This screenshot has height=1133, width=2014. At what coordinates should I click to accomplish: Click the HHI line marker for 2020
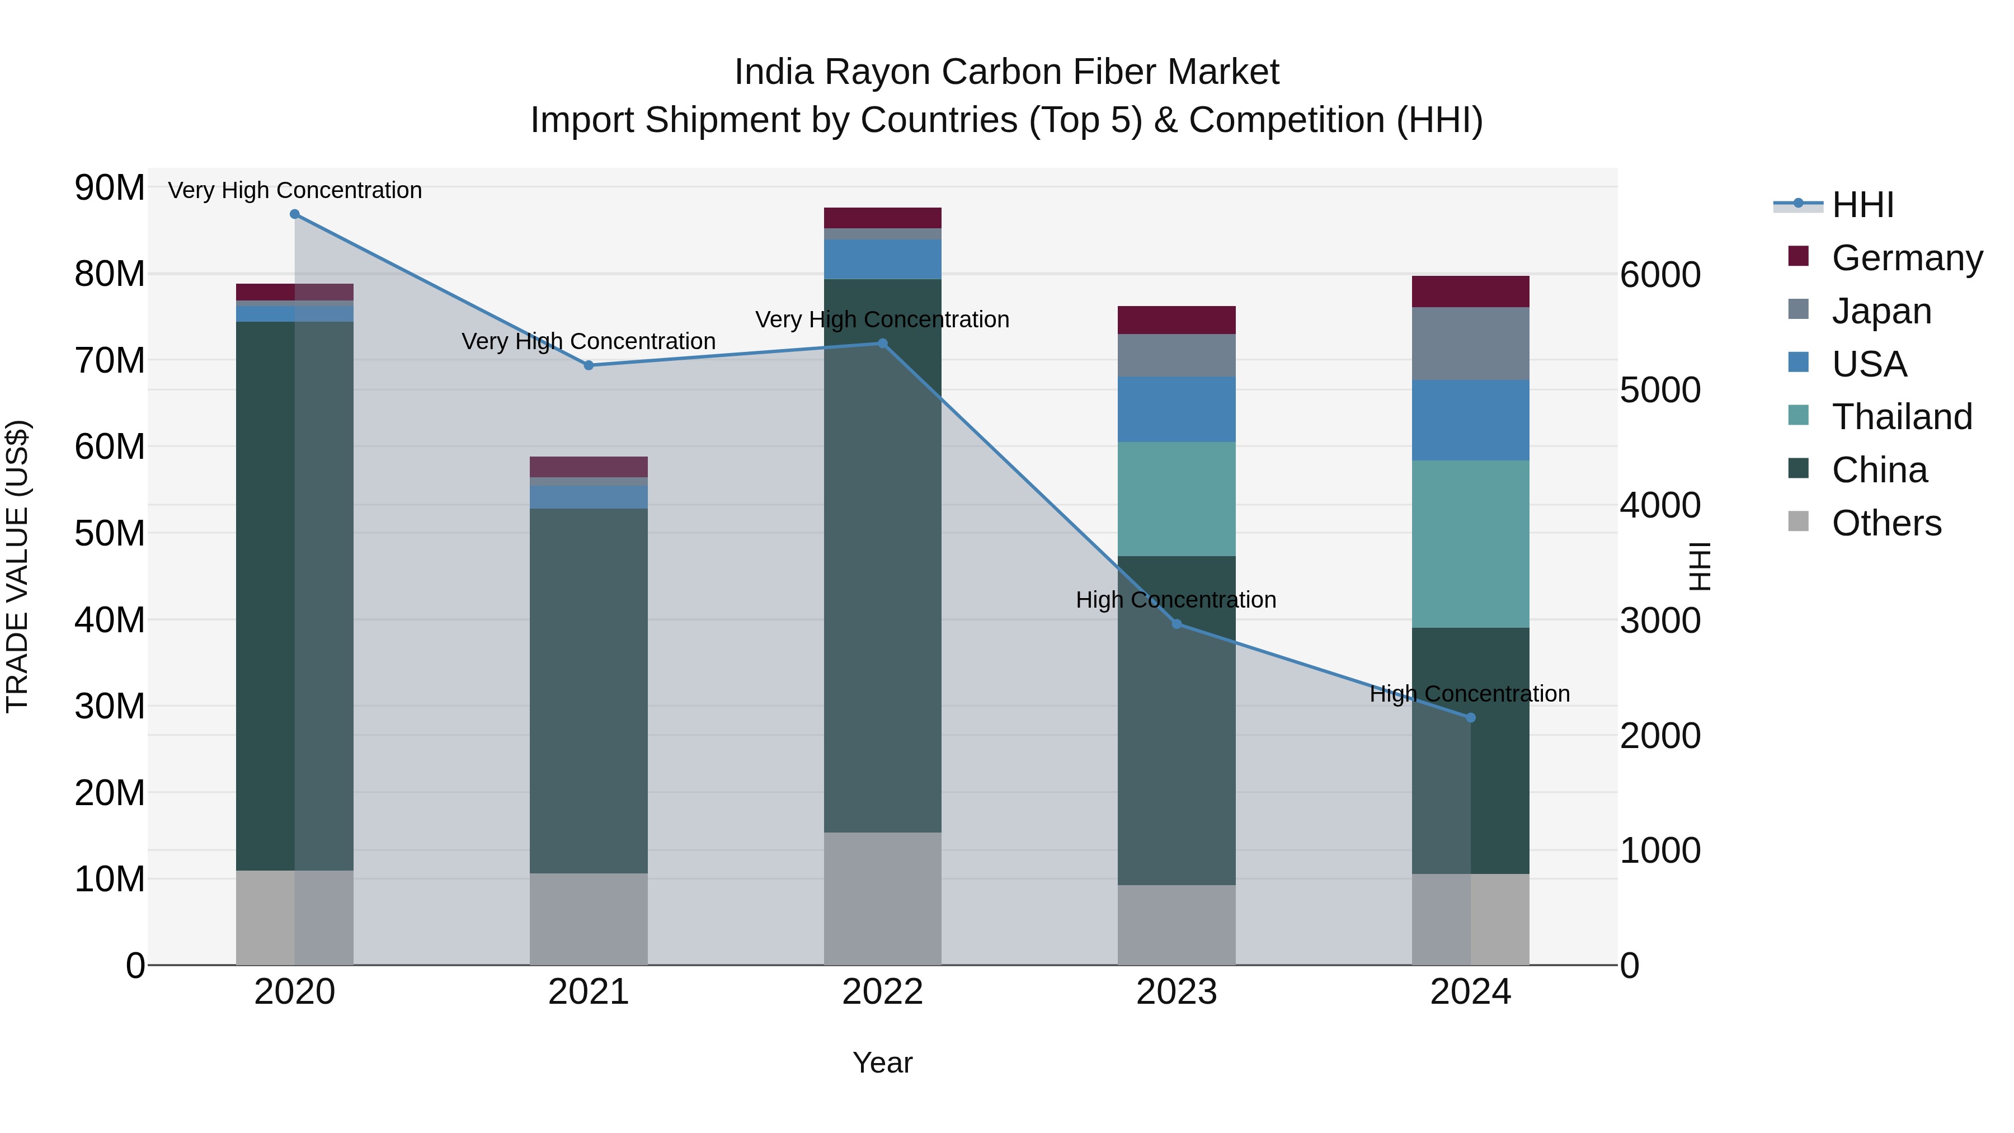click(x=295, y=214)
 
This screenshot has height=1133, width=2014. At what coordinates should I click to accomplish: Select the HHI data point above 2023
click(x=1177, y=624)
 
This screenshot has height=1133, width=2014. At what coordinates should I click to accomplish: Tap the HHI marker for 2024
click(x=1471, y=718)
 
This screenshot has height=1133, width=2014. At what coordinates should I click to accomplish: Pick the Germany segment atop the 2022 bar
click(x=883, y=218)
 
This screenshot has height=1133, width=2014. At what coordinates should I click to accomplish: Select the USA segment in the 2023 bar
click(x=1177, y=409)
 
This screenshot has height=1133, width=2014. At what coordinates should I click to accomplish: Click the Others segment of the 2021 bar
click(x=589, y=919)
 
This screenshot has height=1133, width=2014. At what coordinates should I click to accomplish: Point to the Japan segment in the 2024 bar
click(x=1471, y=344)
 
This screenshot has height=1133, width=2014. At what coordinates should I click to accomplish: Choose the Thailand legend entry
click(x=1902, y=417)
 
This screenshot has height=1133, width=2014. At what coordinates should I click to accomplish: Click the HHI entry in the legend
click(x=1862, y=205)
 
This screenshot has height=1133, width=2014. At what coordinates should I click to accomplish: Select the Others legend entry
click(x=1886, y=523)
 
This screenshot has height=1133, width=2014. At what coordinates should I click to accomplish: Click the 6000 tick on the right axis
click(x=1660, y=275)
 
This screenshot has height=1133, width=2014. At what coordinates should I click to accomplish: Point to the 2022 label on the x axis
click(x=883, y=992)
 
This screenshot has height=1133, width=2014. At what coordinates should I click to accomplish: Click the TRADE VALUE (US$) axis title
click(x=17, y=566)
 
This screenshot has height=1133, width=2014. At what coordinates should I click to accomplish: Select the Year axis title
click(x=883, y=1063)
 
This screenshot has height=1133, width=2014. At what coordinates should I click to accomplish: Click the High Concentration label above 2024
click(x=1470, y=694)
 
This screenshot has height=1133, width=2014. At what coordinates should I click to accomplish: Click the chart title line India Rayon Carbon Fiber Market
click(x=1006, y=72)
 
